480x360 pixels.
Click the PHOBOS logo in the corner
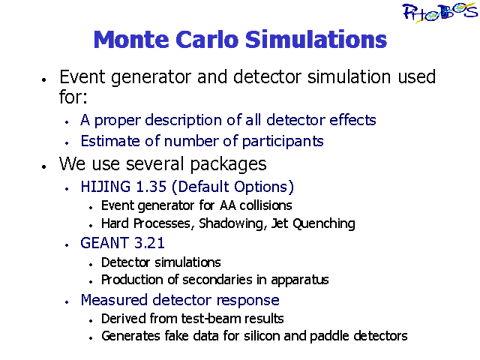coord(439,13)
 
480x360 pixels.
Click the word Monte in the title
coord(131,40)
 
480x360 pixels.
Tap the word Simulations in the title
coord(316,40)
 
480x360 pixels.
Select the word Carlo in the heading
coord(207,40)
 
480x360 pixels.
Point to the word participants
coord(283,142)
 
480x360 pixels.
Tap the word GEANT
coord(104,243)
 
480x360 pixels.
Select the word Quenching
coord(324,223)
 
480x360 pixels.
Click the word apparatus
coord(300,280)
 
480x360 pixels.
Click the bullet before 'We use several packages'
coord(44,166)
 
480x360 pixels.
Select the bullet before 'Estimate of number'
coord(67,143)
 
